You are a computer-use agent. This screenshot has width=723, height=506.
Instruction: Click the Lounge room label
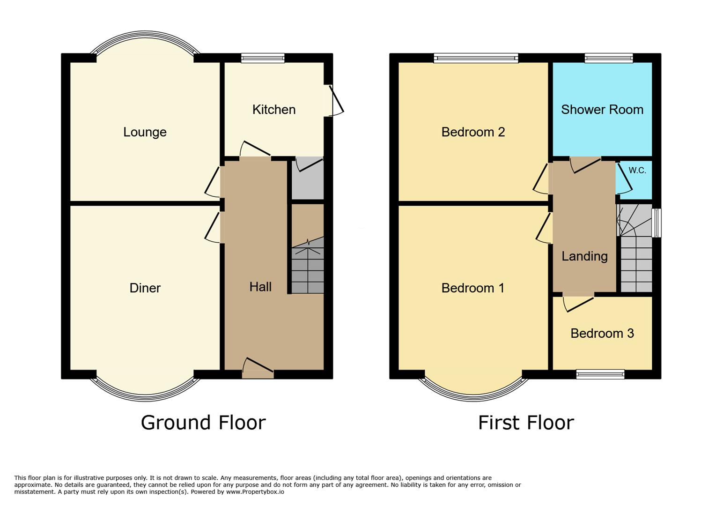click(145, 132)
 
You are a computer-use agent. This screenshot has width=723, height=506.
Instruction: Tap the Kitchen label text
click(274, 110)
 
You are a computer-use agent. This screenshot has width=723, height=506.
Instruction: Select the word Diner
click(145, 288)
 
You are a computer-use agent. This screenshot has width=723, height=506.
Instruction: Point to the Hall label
click(260, 287)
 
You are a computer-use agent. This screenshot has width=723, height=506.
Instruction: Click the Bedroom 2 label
click(473, 132)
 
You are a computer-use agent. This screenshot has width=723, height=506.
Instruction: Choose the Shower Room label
click(602, 110)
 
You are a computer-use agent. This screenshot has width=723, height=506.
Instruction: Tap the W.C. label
click(637, 171)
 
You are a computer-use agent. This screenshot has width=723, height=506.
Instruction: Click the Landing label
click(584, 256)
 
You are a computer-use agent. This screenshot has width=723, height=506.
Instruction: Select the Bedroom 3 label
click(602, 334)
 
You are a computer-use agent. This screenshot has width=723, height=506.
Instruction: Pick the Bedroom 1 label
click(473, 288)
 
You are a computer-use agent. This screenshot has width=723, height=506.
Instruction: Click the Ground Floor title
click(203, 423)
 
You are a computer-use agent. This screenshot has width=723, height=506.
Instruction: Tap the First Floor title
click(526, 423)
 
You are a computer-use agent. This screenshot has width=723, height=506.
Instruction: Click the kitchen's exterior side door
click(336, 100)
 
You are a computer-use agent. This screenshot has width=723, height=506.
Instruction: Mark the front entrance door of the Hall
click(258, 368)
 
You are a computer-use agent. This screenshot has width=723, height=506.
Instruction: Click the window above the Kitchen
click(263, 58)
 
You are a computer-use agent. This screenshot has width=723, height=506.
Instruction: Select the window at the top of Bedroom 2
click(476, 58)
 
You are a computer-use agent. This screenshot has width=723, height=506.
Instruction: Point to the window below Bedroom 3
click(600, 374)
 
